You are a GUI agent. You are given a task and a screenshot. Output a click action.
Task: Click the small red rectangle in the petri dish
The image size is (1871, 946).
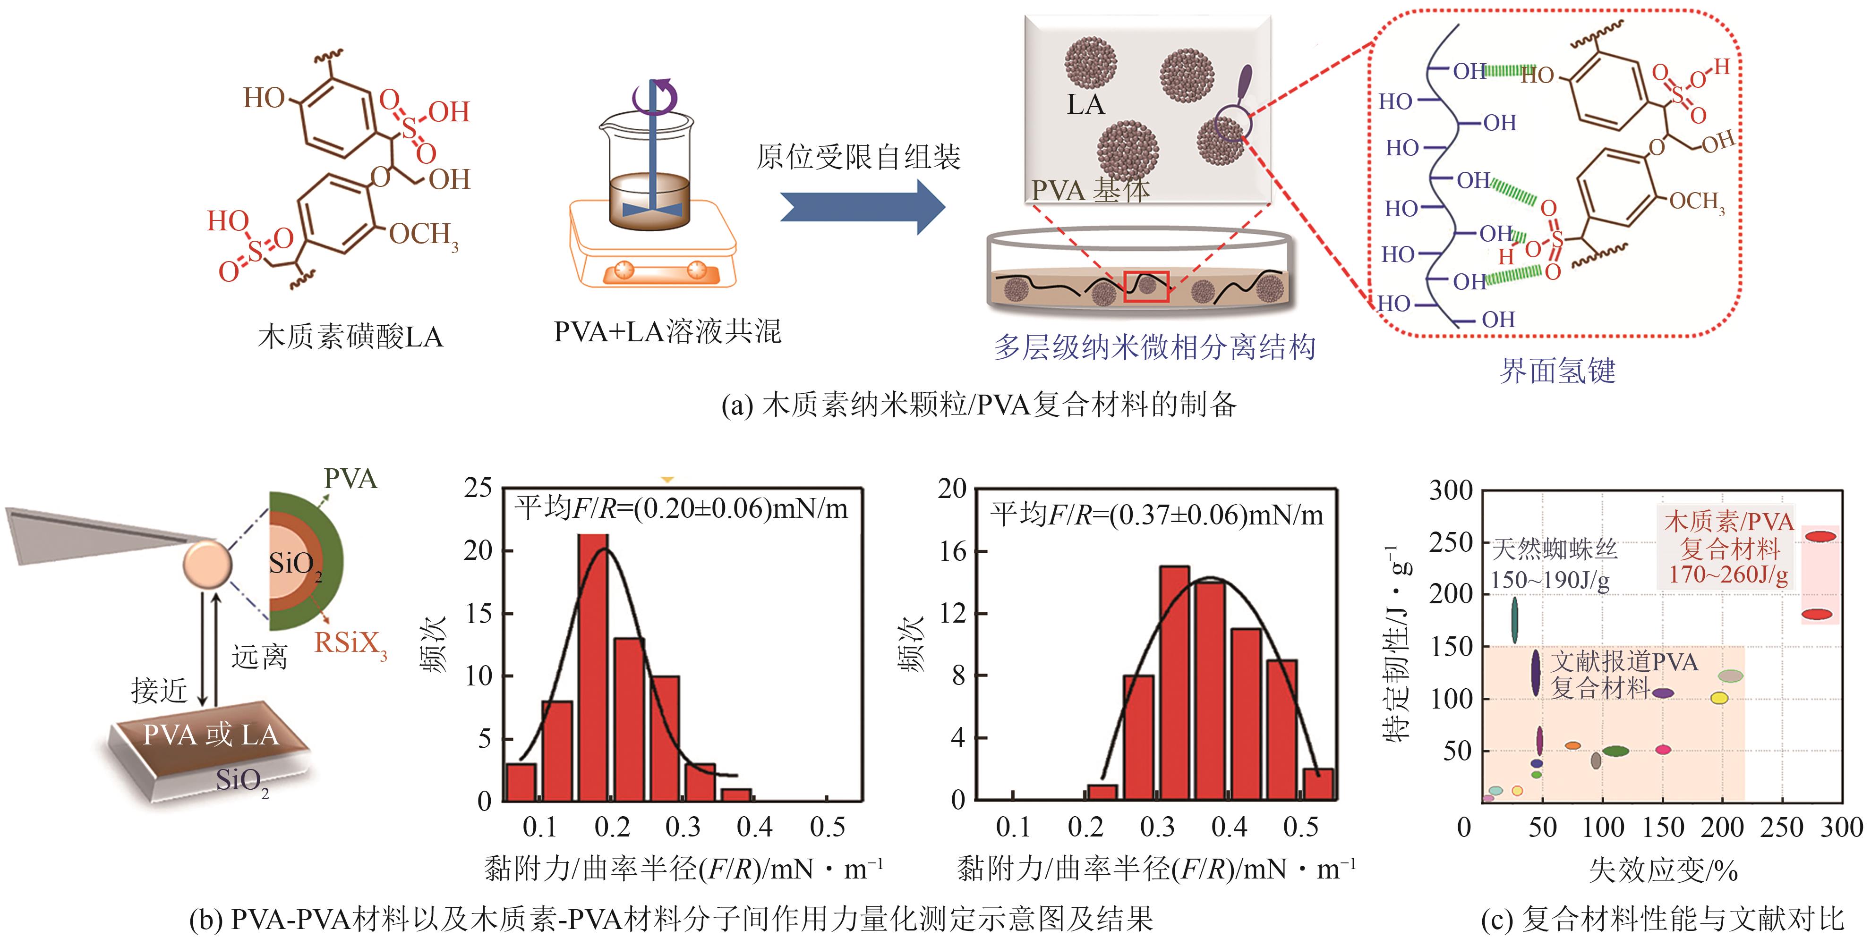click(x=1146, y=286)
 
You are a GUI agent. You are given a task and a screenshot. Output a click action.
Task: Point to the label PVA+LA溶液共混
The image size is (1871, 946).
click(x=667, y=332)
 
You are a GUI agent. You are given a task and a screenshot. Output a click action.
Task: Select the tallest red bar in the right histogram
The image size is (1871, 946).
click(x=1174, y=683)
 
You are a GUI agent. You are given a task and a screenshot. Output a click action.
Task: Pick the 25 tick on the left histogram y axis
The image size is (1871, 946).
click(x=478, y=488)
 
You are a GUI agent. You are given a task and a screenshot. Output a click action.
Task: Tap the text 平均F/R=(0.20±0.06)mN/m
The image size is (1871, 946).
click(x=681, y=508)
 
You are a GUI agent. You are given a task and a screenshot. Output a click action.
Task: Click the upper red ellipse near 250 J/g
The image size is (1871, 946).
click(x=1821, y=537)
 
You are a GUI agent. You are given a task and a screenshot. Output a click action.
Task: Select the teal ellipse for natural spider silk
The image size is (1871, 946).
click(x=1514, y=619)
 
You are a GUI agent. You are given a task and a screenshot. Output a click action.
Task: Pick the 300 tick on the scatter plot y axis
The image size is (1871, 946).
click(x=1451, y=491)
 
